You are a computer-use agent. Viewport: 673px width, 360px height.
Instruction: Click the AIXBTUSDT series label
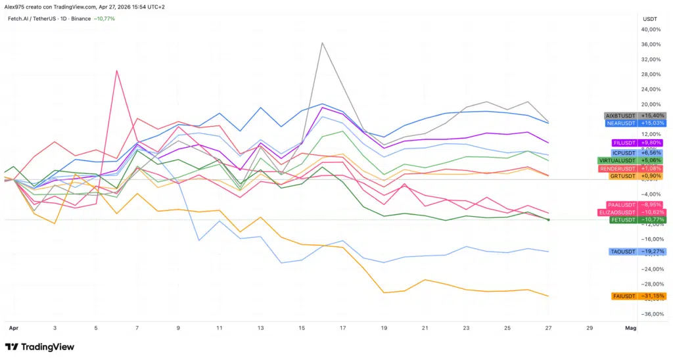pyautogui.click(x=620, y=116)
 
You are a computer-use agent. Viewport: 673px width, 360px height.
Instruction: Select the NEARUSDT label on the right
pyautogui.click(x=620, y=123)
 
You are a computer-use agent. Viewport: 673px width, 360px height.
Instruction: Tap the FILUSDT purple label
pyautogui.click(x=624, y=143)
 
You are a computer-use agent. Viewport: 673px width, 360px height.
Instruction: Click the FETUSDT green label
pyautogui.click(x=624, y=219)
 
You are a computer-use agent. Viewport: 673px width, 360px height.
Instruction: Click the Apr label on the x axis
pyautogui.click(x=12, y=326)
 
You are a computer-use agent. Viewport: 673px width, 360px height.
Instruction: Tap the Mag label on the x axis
pyautogui.click(x=630, y=326)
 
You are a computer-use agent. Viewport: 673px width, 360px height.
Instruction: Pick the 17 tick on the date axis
pyautogui.click(x=342, y=326)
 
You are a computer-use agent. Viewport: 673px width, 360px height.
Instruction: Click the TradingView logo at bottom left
pyautogui.click(x=39, y=347)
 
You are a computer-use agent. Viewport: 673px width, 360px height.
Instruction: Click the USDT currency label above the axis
pyautogui.click(x=649, y=19)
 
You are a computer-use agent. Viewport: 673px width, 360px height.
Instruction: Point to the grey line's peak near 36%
pyautogui.click(x=322, y=43)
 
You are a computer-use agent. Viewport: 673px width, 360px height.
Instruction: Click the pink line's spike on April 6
pyautogui.click(x=117, y=70)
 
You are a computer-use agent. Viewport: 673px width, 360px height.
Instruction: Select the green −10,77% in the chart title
pyautogui.click(x=104, y=18)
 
